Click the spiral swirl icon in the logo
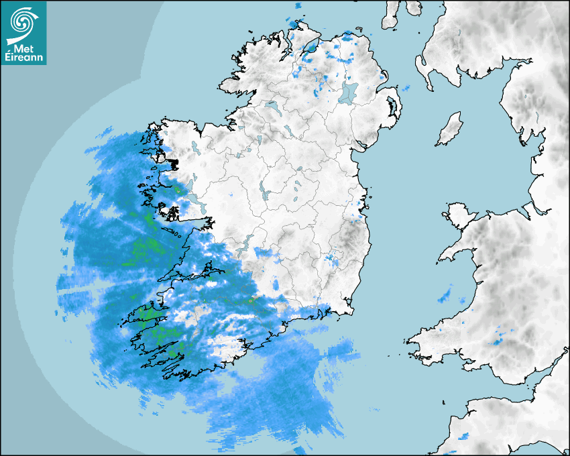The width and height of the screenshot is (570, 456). click(x=22, y=21)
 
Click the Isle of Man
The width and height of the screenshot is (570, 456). click(x=450, y=129)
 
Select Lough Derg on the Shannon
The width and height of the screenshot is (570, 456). click(x=247, y=243)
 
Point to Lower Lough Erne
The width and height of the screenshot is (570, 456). click(x=272, y=106)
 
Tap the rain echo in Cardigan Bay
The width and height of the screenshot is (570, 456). click(x=445, y=295)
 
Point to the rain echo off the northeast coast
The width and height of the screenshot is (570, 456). click(x=405, y=88)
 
